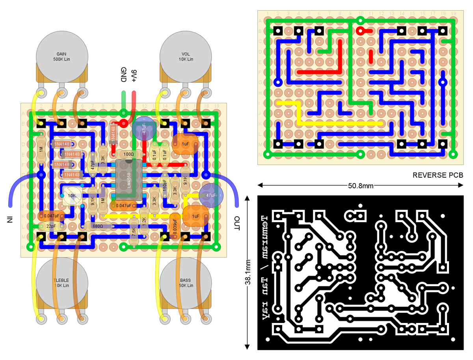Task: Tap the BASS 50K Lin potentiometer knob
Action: [x=185, y=283]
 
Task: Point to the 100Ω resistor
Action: [x=128, y=154]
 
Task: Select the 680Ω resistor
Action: [x=97, y=226]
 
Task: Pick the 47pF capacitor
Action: [x=93, y=165]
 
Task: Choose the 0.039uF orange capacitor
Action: [x=175, y=226]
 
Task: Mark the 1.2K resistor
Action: [x=144, y=221]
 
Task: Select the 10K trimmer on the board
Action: [x=72, y=196]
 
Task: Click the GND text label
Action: [x=123, y=75]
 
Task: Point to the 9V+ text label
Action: [x=134, y=75]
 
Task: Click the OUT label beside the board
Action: [x=236, y=223]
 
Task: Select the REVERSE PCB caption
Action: [x=438, y=175]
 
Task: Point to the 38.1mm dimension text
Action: [x=248, y=272]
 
